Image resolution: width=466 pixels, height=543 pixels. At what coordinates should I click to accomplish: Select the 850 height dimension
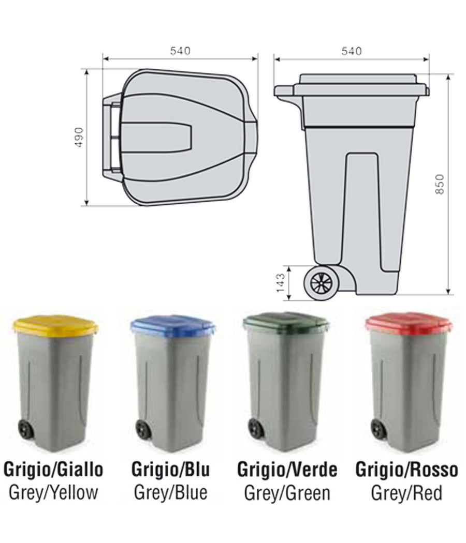coord(440,184)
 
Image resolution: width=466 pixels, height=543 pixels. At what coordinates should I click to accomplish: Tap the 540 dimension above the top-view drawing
coord(180,51)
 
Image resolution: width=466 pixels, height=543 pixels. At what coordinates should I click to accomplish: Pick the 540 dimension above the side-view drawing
coord(352,51)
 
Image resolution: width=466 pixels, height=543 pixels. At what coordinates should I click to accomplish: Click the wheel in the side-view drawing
coord(322,283)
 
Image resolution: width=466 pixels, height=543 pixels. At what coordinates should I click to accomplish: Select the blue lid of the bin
coord(173,325)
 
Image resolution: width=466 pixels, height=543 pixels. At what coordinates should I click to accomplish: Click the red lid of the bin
coord(409,324)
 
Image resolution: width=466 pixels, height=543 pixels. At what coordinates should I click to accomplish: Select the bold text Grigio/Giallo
coord(53,470)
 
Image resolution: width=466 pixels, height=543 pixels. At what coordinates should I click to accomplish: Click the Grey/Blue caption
coord(171,492)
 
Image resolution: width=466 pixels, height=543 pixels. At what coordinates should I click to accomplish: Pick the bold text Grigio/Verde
coord(287,470)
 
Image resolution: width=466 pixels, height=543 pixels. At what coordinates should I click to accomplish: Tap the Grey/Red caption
coord(406,492)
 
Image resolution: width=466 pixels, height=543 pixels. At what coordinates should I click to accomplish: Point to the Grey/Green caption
coord(287,492)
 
